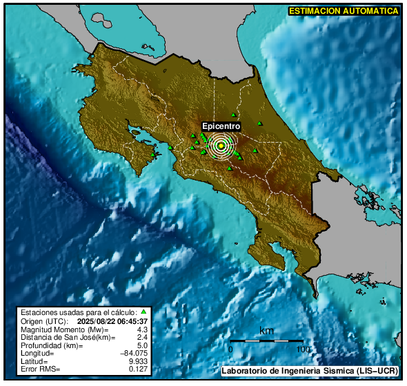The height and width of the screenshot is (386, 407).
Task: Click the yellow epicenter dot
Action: pyautogui.click(x=221, y=145)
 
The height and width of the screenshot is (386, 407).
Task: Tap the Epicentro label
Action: pyautogui.click(x=221, y=127)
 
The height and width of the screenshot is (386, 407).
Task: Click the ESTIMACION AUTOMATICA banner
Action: pyautogui.click(x=344, y=11)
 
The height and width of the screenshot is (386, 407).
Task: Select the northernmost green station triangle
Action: pyautogui.click(x=234, y=114)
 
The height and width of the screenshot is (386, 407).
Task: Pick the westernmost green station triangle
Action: pyautogui.click(x=153, y=155)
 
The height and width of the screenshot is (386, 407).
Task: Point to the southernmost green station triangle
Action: pyautogui.click(x=227, y=165)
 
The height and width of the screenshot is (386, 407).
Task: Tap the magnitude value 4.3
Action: pyautogui.click(x=143, y=329)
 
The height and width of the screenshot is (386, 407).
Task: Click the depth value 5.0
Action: pyautogui.click(x=143, y=345)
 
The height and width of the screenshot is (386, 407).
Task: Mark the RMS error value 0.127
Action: pyautogui.click(x=139, y=369)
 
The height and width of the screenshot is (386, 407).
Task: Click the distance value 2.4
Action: pyautogui.click(x=143, y=337)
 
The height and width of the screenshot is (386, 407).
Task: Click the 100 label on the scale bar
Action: pyautogui.click(x=302, y=349)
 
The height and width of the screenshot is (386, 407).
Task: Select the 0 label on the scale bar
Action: pyautogui.click(x=230, y=349)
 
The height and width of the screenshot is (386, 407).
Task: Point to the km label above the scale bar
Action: pyautogui.click(x=266, y=332)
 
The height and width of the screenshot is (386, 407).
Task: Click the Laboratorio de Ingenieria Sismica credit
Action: pyautogui.click(x=309, y=372)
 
